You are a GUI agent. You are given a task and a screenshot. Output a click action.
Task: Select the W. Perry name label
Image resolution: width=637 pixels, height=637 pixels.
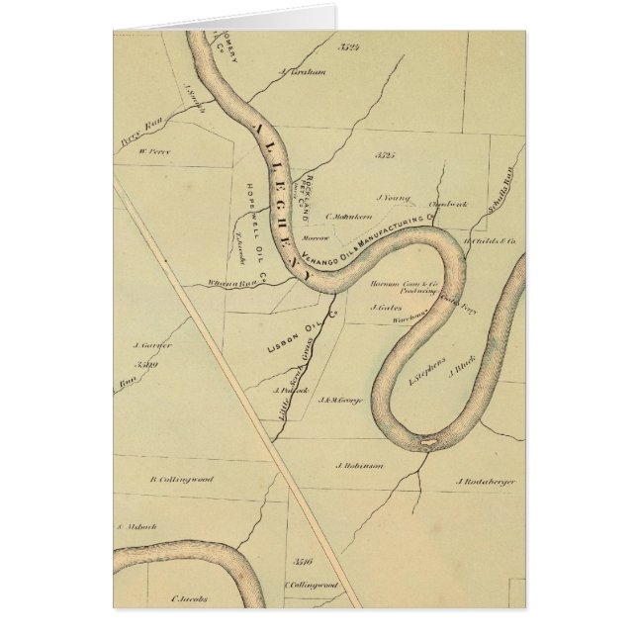point(154,151)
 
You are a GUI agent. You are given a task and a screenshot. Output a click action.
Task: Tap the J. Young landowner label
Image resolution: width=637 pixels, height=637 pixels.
point(393,197)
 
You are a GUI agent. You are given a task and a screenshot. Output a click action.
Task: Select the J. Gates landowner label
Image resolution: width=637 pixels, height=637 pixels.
point(385,307)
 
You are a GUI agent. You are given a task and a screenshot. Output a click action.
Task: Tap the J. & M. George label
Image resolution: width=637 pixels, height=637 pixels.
point(339,400)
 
